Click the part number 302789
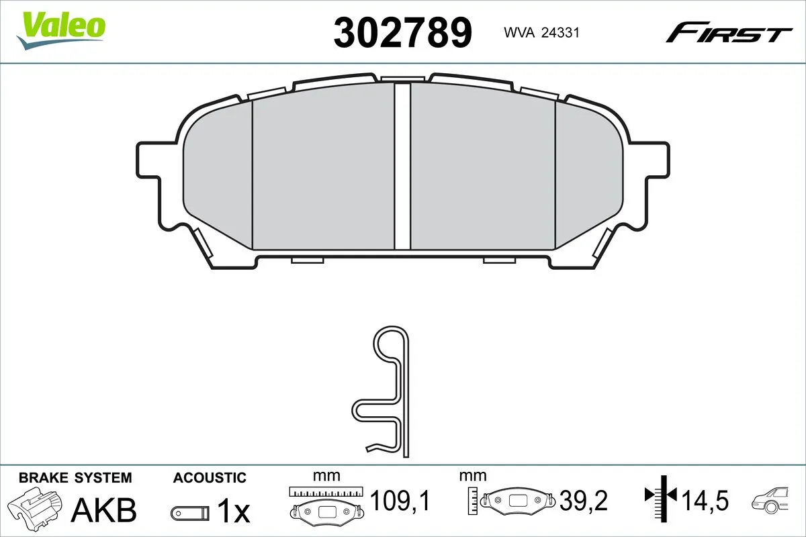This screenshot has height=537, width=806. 403,32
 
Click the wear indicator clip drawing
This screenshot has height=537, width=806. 390,393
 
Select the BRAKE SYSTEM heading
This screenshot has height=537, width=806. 75,478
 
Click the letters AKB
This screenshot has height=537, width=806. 105,510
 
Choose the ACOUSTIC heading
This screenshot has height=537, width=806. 210,478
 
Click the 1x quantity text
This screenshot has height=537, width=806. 234,512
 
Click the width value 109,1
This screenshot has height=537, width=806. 400,500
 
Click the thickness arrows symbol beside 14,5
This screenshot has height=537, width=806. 662,497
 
